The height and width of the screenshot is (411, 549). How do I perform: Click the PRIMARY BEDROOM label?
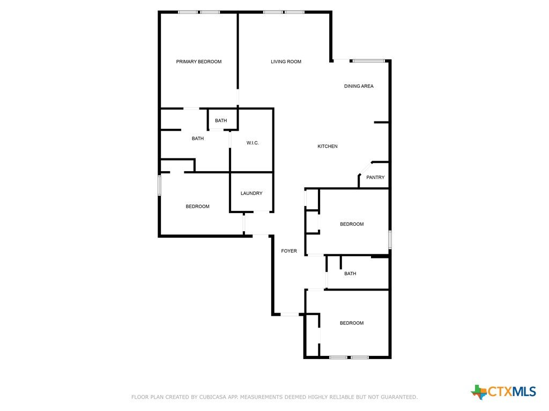click(x=198, y=62)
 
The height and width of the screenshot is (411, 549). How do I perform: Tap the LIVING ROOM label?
click(x=286, y=62)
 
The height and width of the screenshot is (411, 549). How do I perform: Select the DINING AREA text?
click(x=359, y=86)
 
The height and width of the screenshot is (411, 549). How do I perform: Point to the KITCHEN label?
click(x=328, y=146)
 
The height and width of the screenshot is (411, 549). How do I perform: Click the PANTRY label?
click(x=375, y=177)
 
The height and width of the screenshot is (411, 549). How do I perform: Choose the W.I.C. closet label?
click(x=253, y=143)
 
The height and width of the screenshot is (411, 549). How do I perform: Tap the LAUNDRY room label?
click(x=251, y=193)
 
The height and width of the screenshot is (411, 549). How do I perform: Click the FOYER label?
click(x=289, y=251)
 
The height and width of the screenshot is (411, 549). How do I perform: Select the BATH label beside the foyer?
click(x=350, y=273)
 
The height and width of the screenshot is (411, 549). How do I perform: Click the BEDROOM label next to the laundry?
click(x=197, y=207)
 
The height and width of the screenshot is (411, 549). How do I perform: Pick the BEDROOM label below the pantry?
click(x=352, y=224)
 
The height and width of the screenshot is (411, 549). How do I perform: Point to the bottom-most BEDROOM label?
click(x=352, y=323)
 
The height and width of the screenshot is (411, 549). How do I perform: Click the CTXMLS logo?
click(x=503, y=392)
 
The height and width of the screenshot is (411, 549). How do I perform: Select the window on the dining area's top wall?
click(x=369, y=61)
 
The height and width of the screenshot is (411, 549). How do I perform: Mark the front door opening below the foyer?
click(x=290, y=315)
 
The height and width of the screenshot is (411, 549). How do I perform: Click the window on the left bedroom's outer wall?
click(x=159, y=186)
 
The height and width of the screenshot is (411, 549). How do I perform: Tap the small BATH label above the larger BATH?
click(x=221, y=120)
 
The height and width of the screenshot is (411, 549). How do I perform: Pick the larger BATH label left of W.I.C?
click(x=197, y=139)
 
